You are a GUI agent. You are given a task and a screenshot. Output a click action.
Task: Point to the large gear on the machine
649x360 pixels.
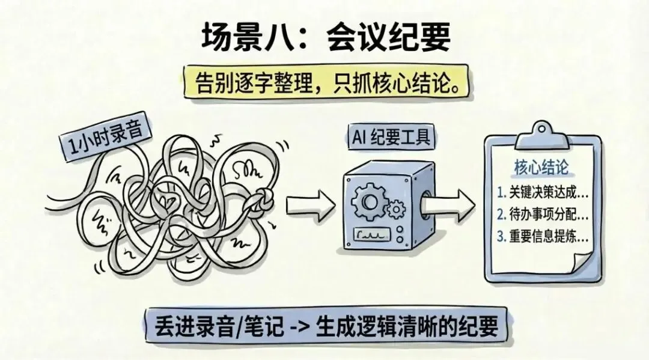367,201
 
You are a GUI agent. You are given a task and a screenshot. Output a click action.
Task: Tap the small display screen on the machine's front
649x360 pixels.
375,234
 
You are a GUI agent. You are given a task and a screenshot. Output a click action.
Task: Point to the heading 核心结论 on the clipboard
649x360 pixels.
541,167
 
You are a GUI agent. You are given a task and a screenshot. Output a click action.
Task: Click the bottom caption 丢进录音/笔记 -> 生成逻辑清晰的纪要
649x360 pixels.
324,329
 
